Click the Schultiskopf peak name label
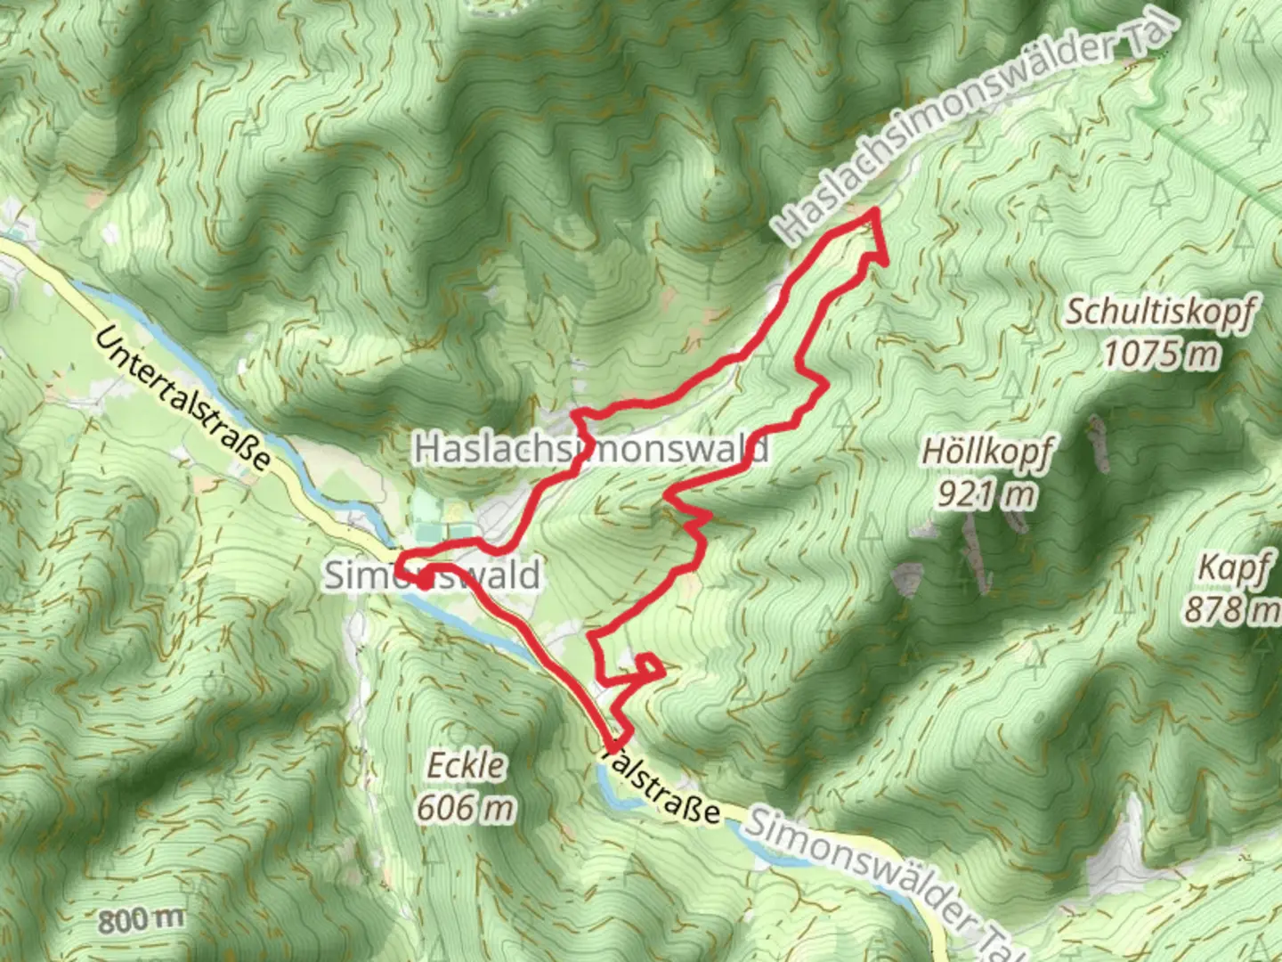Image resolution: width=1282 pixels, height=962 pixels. pyautogui.click(x=1161, y=313)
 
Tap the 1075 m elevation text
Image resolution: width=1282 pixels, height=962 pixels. pyautogui.click(x=1161, y=355)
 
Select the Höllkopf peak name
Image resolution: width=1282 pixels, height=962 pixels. pyautogui.click(x=986, y=452)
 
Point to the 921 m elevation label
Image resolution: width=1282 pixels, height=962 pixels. pyautogui.click(x=986, y=493)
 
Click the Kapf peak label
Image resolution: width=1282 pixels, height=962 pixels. pyautogui.click(x=1232, y=567)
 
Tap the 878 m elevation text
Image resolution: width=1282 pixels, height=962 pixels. pyautogui.click(x=1232, y=609)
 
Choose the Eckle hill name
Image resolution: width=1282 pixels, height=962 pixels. pyautogui.click(x=466, y=766)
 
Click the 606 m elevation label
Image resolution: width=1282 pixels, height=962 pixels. pyautogui.click(x=466, y=808)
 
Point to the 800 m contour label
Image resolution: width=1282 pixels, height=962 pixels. pyautogui.click(x=142, y=919)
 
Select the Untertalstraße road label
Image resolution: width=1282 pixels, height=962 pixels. pyautogui.click(x=182, y=397)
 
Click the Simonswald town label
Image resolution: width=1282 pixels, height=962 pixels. pyautogui.click(x=432, y=575)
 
